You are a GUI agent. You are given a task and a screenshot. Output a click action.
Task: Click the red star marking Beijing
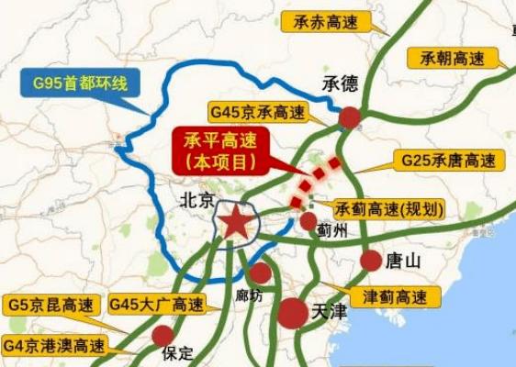tap(235, 223)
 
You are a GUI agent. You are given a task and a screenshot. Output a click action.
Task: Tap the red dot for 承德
tap(349, 117)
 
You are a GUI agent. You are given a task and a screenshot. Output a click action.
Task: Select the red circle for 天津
tap(294, 313)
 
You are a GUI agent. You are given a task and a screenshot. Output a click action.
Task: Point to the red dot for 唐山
tap(371, 261)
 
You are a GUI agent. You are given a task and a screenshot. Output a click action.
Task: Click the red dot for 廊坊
tap(261, 272)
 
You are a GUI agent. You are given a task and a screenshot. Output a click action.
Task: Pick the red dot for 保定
tap(163, 335)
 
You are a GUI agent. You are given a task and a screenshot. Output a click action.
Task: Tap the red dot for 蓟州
tap(308, 221)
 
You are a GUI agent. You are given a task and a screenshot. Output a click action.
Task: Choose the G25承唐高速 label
tap(453, 160)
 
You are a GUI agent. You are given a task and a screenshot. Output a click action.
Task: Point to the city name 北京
tap(197, 199)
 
